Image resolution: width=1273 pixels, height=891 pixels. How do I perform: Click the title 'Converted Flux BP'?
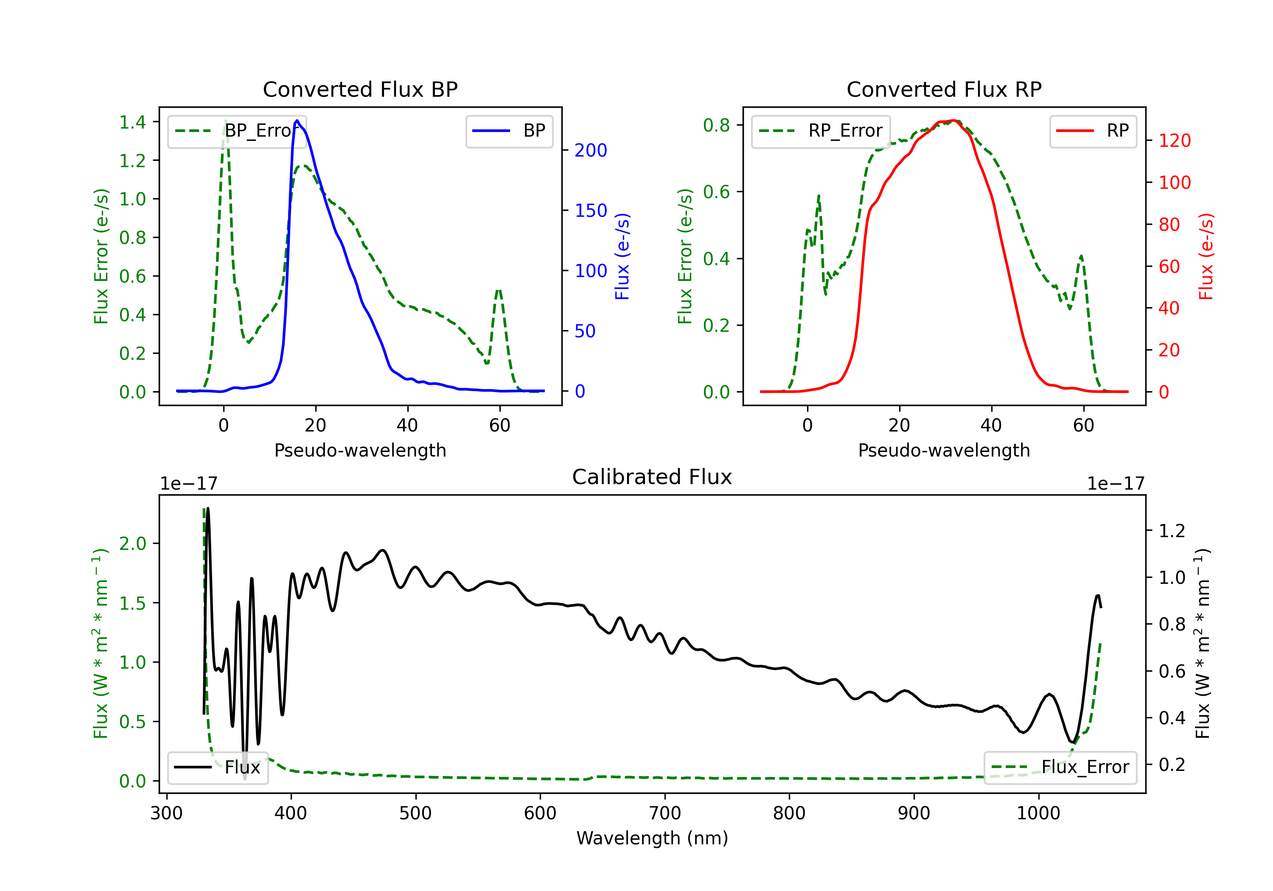pyautogui.click(x=360, y=89)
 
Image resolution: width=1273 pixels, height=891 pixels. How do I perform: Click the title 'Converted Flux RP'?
pyautogui.click(x=944, y=89)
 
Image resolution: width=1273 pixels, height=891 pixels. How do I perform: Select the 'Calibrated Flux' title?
pyautogui.click(x=652, y=477)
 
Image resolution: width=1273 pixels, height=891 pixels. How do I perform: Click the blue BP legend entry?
pyautogui.click(x=509, y=131)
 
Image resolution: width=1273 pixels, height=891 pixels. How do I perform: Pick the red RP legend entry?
pyautogui.click(x=1093, y=131)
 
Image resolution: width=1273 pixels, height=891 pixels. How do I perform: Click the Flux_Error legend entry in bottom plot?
pyautogui.click(x=1060, y=768)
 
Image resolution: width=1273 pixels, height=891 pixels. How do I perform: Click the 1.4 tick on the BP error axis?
pyautogui.click(x=132, y=122)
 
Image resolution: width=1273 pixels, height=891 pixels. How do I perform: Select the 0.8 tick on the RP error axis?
pyautogui.click(x=716, y=125)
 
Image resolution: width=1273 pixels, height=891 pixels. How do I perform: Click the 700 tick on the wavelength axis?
pyautogui.click(x=665, y=813)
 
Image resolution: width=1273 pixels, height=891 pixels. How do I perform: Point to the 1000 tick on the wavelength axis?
pyautogui.click(x=1038, y=813)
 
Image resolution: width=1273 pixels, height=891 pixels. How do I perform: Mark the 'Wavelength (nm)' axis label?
pyautogui.click(x=652, y=838)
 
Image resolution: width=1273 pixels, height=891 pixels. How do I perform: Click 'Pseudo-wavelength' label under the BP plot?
pyautogui.click(x=360, y=450)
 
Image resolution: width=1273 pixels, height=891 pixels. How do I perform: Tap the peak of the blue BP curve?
pyautogui.click(x=297, y=120)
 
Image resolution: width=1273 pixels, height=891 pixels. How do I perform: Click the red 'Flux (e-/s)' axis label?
pyautogui.click(x=1206, y=256)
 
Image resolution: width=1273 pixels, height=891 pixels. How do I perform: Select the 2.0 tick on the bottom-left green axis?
pyautogui.click(x=132, y=544)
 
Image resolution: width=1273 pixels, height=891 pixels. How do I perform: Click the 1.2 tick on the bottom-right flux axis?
pyautogui.click(x=1172, y=531)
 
